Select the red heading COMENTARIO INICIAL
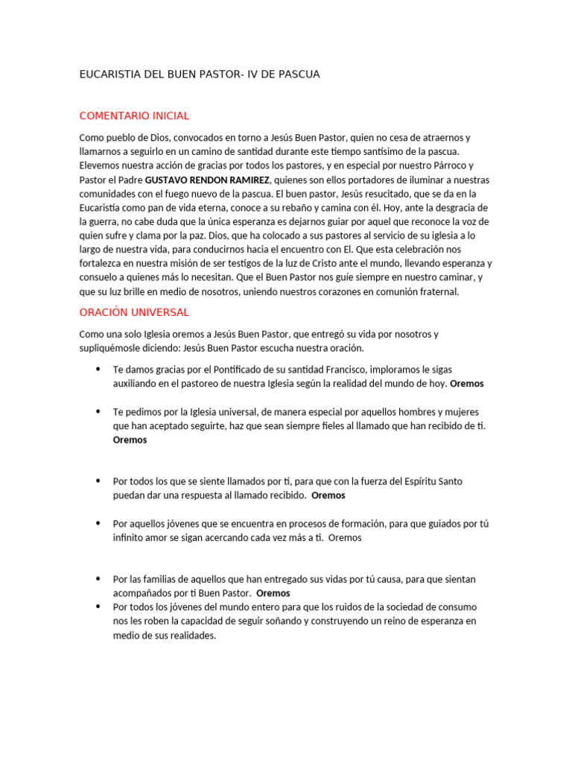point(134,115)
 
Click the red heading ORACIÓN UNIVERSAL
point(134,311)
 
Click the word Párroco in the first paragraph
point(448,165)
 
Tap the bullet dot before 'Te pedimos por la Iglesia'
point(98,412)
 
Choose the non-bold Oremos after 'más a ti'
point(345,537)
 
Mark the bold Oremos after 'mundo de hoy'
point(467,384)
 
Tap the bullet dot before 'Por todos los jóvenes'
point(98,607)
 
